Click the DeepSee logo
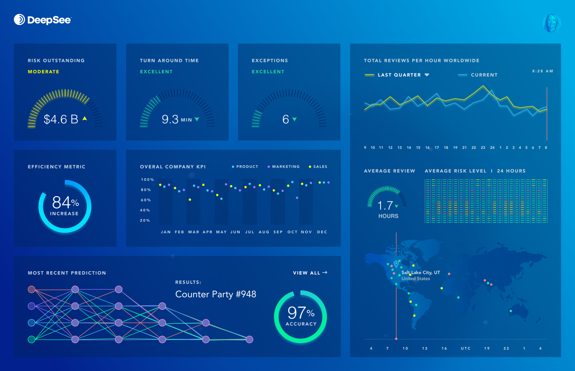[43, 20]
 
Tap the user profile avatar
[551, 23]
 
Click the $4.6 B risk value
[61, 119]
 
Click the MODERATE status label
[43, 72]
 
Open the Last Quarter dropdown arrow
[427, 75]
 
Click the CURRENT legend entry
[484, 75]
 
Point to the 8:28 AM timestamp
[542, 71]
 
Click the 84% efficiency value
[65, 202]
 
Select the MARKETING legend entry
[285, 166]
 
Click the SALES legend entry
[320, 166]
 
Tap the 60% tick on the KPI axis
[146, 200]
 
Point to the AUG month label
[264, 232]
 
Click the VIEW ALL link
[310, 273]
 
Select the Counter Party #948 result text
[216, 294]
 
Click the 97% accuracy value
[301, 313]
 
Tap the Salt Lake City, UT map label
[420, 272]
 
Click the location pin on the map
[396, 264]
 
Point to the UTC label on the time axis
[465, 348]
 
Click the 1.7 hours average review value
[385, 205]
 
